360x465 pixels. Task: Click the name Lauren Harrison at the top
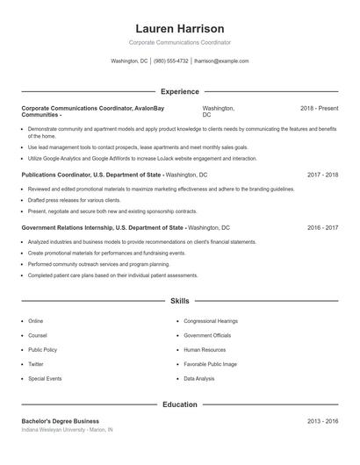tap(180, 29)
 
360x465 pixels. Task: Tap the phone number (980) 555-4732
tap(170, 61)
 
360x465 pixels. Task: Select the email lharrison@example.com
tap(221, 61)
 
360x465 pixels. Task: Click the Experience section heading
tap(180, 91)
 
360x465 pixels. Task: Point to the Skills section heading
tap(180, 301)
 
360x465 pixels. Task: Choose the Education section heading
tap(180, 405)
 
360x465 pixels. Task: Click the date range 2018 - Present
tap(319, 108)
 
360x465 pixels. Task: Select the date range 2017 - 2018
tap(322, 175)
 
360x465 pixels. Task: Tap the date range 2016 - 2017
tap(322, 227)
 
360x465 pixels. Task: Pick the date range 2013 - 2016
tap(322, 421)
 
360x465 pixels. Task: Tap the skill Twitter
tap(36, 364)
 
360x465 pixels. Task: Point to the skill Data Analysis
tap(199, 378)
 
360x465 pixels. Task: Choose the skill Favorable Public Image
tap(210, 364)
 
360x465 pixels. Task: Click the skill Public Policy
tap(42, 349)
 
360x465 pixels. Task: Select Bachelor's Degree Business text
tap(61, 421)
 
